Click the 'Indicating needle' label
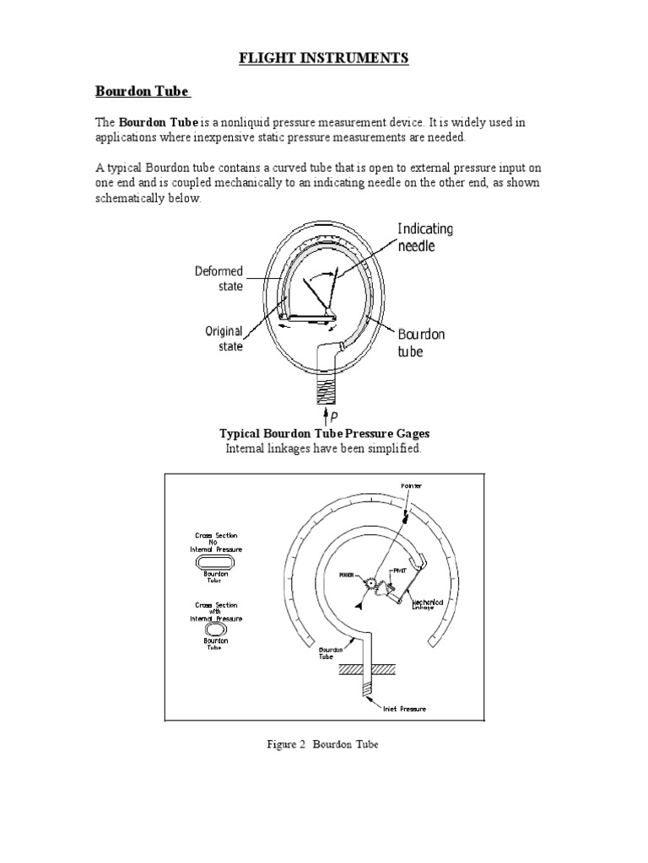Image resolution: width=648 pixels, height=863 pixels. [x=424, y=236]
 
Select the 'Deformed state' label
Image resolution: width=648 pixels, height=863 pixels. [x=219, y=278]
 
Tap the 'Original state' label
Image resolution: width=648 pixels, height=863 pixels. [x=224, y=338]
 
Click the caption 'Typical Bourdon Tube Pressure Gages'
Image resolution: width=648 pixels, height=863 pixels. [x=325, y=433]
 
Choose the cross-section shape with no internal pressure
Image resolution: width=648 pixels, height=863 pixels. [x=216, y=562]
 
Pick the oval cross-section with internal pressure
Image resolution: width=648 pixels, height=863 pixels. [x=216, y=628]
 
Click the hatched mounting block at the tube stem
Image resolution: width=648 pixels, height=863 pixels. [x=367, y=669]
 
